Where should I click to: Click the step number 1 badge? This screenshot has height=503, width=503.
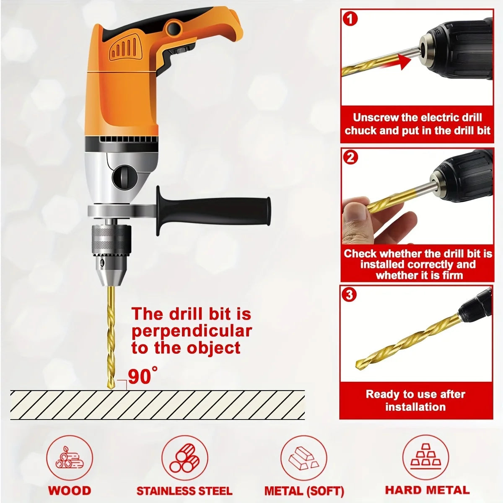[x=350, y=20]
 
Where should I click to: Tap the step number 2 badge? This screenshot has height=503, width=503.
[x=350, y=158]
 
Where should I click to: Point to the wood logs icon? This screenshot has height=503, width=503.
[x=70, y=461]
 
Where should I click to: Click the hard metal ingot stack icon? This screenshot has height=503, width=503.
[x=426, y=459]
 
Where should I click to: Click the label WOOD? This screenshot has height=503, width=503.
[x=70, y=490]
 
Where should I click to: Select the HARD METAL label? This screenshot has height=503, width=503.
[x=427, y=490]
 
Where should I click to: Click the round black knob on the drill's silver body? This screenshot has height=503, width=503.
[x=125, y=178]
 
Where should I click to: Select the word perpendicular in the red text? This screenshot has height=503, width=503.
[x=192, y=331]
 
